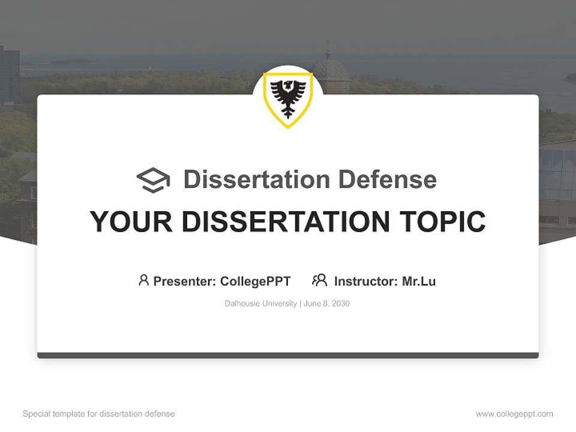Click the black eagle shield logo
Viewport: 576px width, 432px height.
(x=288, y=98)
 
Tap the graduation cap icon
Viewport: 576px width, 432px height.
(x=153, y=180)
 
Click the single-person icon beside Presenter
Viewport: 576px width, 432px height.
(x=143, y=280)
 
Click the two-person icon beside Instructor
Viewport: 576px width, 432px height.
(x=319, y=280)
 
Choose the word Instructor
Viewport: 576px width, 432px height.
(x=365, y=281)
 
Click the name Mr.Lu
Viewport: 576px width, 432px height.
(x=419, y=281)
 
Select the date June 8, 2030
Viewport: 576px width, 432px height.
(x=326, y=304)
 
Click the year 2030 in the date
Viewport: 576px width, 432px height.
(x=340, y=304)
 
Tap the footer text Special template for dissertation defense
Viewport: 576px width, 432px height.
(x=98, y=414)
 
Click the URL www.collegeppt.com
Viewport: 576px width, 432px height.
(x=514, y=414)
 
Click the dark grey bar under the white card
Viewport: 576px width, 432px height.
(x=288, y=355)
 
